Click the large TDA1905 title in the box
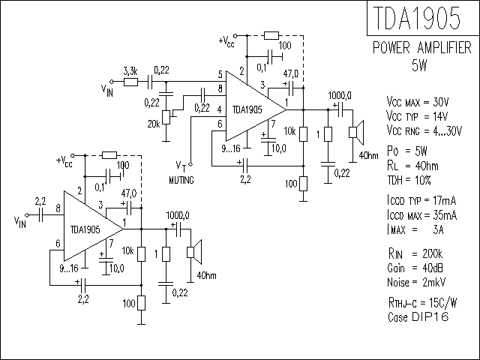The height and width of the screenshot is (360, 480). (x=417, y=18)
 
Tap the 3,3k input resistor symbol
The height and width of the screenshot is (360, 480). (x=130, y=82)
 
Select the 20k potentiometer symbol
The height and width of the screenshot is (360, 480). (x=166, y=117)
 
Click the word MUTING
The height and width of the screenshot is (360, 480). (x=181, y=180)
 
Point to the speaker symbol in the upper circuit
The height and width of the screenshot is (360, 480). (x=356, y=132)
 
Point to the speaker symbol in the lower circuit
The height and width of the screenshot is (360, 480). (x=194, y=252)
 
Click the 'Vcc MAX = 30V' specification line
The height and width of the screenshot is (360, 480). (x=418, y=102)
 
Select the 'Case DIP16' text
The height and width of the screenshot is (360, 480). (x=418, y=316)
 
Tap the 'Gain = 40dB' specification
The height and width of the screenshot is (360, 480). (x=415, y=268)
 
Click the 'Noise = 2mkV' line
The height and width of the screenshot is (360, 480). (x=416, y=282)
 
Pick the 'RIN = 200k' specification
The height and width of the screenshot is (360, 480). (x=415, y=254)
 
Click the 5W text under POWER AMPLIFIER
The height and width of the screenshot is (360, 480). (x=419, y=65)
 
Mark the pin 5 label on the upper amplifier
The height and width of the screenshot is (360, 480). (x=220, y=74)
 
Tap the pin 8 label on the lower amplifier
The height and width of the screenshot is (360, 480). (x=58, y=208)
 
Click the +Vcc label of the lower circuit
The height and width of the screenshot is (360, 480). (x=64, y=162)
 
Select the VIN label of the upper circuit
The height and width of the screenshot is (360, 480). (x=107, y=91)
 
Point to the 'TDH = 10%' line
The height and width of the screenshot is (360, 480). (x=409, y=180)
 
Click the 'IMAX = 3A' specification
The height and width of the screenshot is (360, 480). (x=415, y=229)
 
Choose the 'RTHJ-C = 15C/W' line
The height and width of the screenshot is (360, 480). (x=422, y=303)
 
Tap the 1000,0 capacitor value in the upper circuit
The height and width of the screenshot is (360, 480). (x=340, y=96)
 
